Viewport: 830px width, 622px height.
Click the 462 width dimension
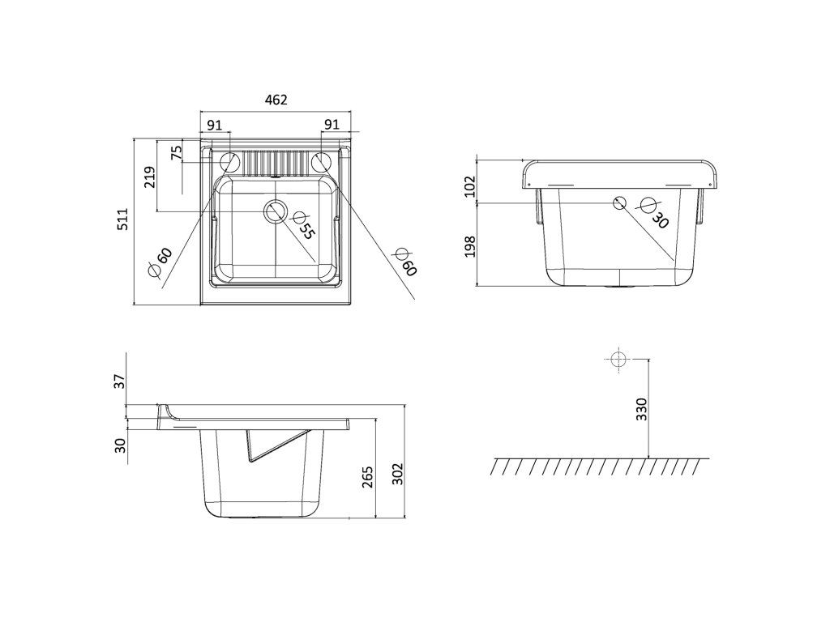pos(276,100)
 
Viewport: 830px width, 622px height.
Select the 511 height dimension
pos(122,219)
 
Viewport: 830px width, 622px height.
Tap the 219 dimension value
pos(149,177)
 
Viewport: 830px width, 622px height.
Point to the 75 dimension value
pos(177,152)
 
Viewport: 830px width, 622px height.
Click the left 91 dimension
pos(214,125)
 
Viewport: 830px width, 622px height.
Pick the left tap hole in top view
pos(229,161)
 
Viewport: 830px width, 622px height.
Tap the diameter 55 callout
pos(303,224)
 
